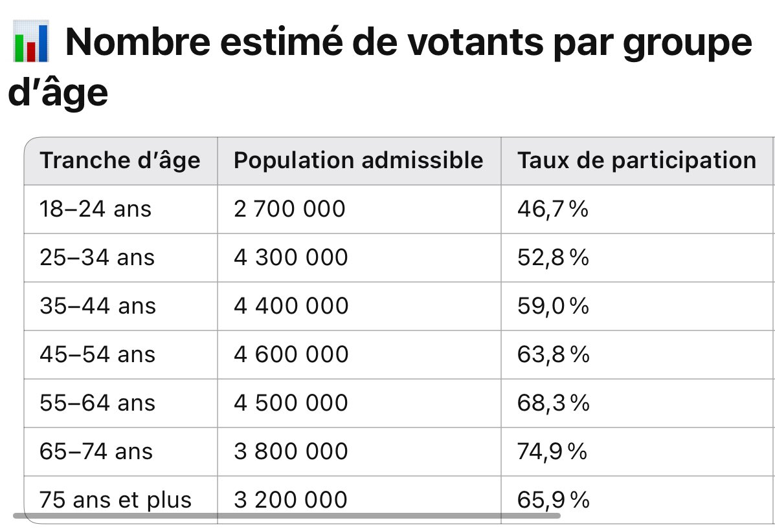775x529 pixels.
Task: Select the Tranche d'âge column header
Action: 120,160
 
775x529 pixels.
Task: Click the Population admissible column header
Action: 358,160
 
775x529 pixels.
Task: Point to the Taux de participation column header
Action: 636,160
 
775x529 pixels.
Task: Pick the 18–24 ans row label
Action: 95,209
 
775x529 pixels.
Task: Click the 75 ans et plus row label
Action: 116,500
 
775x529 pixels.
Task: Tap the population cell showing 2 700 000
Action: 289,209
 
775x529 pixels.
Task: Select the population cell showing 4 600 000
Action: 291,354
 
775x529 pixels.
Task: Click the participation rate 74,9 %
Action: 552,451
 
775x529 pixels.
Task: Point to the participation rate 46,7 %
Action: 552,209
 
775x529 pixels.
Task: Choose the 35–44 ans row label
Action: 98,306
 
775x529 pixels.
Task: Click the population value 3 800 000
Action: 291,451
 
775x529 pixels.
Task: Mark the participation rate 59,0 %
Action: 553,306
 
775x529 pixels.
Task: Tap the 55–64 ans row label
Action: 98,403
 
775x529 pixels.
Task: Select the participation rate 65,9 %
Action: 553,500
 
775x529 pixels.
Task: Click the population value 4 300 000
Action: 291,257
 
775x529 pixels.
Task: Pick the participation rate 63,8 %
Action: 553,354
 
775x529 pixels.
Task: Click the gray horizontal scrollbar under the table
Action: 285,515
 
